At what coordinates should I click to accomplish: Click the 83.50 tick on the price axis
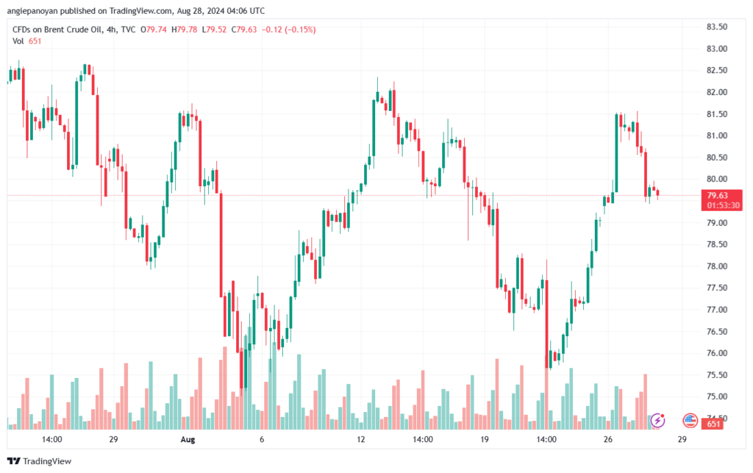tap(716, 26)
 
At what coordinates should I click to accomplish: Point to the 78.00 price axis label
tap(716, 266)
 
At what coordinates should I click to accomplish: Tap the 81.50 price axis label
tap(716, 114)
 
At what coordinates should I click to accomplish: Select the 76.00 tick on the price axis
tap(716, 353)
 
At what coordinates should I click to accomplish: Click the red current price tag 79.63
tap(717, 195)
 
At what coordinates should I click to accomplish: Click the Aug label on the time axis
tap(188, 439)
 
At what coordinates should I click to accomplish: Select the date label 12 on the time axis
tap(361, 439)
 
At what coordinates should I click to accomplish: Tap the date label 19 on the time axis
tap(485, 439)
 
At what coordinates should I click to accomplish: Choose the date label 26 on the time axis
tap(608, 439)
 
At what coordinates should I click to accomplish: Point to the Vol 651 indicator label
tap(27, 41)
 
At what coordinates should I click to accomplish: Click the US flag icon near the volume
tap(690, 421)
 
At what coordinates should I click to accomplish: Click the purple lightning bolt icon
tap(659, 421)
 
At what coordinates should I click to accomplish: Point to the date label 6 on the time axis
tap(262, 439)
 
